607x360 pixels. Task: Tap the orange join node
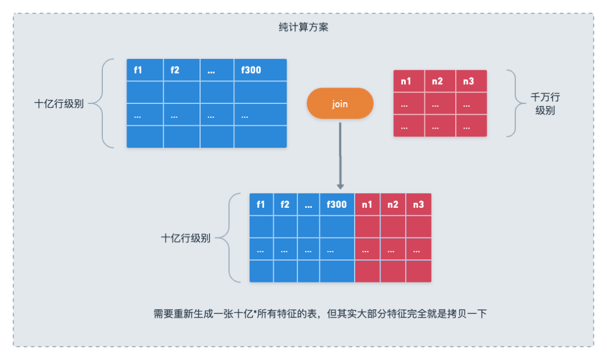point(339,103)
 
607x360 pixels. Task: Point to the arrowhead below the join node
point(340,185)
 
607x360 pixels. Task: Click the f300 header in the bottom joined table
point(337,204)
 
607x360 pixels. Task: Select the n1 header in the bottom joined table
point(368,204)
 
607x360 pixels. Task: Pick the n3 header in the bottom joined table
point(419,204)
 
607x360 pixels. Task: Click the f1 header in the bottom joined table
point(261,204)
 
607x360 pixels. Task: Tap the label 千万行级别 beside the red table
point(545,104)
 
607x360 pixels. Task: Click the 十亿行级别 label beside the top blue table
point(59,104)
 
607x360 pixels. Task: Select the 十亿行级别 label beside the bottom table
point(186,238)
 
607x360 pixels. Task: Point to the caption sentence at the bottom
point(320,314)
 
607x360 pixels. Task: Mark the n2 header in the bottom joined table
point(393,204)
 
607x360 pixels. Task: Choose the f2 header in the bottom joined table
point(286,204)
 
